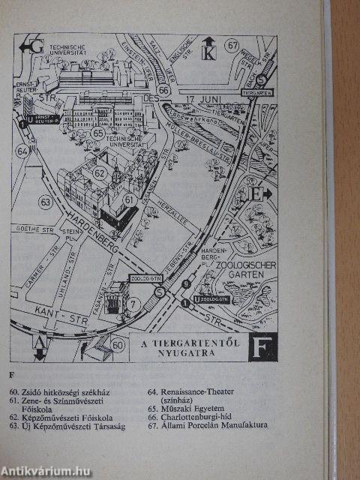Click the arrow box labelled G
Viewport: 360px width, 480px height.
(34, 47)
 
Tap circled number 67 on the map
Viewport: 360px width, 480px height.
(232, 46)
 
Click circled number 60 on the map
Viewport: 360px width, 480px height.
(117, 346)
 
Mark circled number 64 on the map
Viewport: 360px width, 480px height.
(23, 151)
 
